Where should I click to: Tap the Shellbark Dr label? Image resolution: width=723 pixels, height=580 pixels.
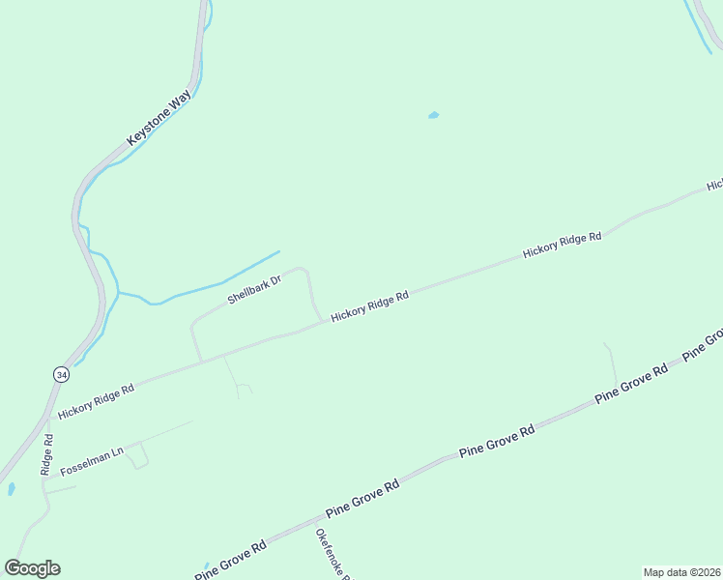254,290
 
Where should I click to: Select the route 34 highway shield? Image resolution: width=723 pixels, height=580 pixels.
61,374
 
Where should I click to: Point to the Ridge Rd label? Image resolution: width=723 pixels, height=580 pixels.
46,453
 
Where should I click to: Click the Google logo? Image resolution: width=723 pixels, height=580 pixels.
33,568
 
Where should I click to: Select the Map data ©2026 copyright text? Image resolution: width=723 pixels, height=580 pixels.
682,572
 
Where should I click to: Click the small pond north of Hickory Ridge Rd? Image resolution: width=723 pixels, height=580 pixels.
433,116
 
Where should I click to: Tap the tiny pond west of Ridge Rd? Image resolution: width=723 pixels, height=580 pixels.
11,489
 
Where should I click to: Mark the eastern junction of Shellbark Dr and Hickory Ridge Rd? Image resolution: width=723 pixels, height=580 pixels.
322,323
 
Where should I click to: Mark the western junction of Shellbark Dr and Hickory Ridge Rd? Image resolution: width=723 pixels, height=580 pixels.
202,362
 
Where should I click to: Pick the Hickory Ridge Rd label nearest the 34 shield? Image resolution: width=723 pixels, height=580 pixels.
96,400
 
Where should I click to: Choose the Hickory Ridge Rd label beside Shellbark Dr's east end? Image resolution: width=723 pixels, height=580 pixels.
369,307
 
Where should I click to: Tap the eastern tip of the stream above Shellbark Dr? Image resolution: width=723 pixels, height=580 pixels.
278,252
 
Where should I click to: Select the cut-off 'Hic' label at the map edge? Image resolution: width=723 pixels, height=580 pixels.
714,185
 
